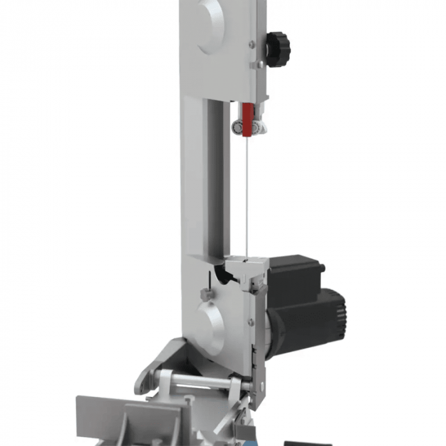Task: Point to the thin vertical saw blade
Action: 247,191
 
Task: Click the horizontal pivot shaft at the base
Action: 198,380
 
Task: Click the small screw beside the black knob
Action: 253,44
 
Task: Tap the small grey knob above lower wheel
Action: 205,294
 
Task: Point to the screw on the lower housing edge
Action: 251,322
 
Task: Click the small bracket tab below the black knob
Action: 257,64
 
